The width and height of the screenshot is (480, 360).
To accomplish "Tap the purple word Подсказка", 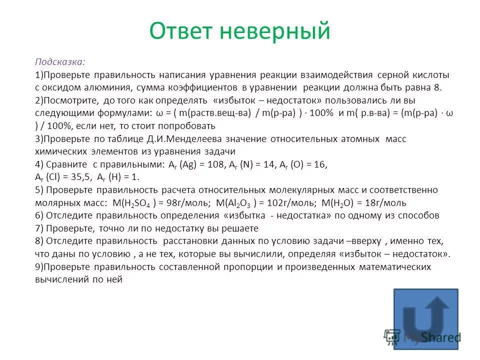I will [x=59, y=61].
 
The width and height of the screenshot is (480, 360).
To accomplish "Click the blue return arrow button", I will [x=432, y=316].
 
